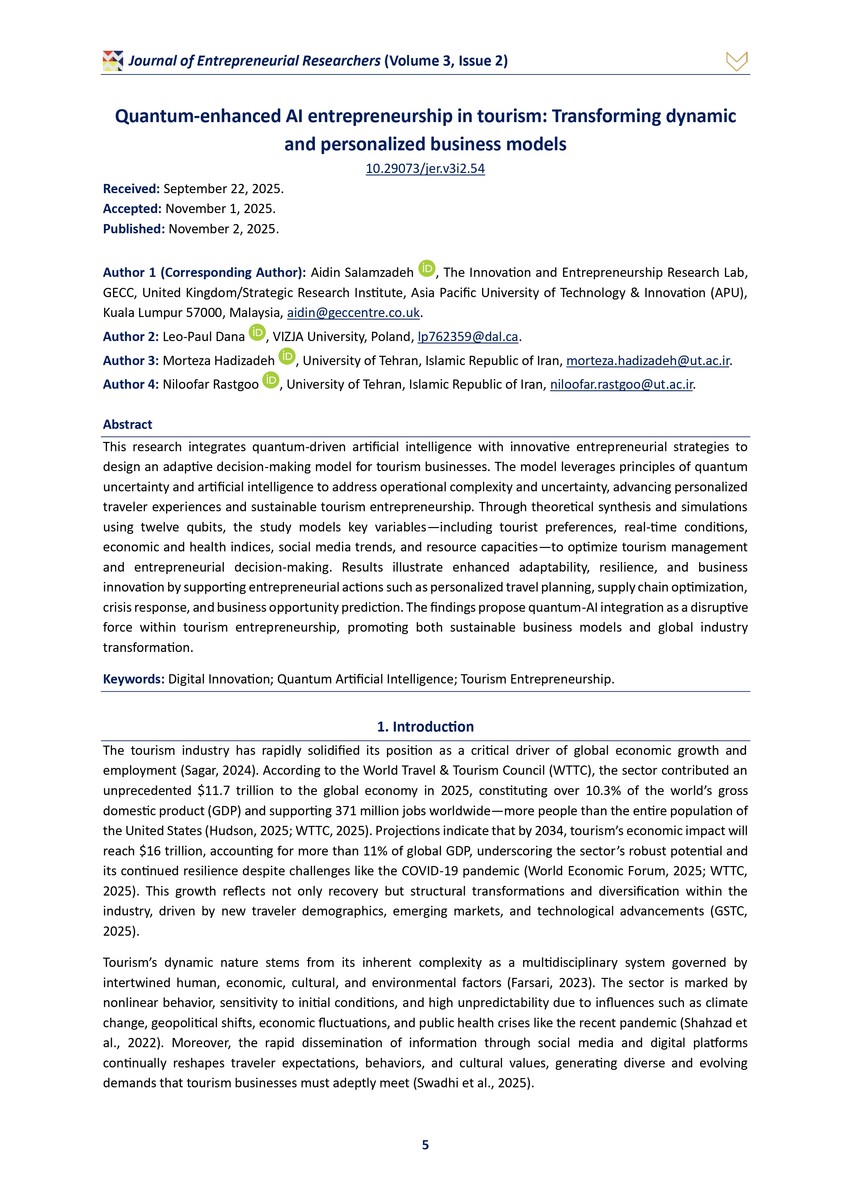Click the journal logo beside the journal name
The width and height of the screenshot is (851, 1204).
click(x=113, y=61)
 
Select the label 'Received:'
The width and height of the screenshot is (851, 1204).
click(x=131, y=189)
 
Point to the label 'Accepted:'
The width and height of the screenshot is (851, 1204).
click(x=132, y=209)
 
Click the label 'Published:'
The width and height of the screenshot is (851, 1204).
click(x=134, y=229)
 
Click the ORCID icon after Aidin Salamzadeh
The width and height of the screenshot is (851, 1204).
click(x=427, y=268)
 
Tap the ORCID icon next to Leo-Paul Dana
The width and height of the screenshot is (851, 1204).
click(x=257, y=332)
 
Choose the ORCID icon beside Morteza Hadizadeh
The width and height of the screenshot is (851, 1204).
click(x=287, y=356)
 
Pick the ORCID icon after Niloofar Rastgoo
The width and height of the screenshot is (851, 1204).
click(x=271, y=380)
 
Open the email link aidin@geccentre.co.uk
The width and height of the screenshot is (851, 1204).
click(x=353, y=313)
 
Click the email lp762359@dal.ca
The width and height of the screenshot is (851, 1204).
click(x=468, y=337)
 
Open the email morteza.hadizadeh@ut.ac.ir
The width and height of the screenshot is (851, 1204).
click(x=648, y=361)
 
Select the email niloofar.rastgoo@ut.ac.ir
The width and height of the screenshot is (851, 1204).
click(x=621, y=384)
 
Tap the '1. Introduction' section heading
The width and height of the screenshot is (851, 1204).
click(x=425, y=726)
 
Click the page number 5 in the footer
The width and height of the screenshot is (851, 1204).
click(x=425, y=1145)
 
